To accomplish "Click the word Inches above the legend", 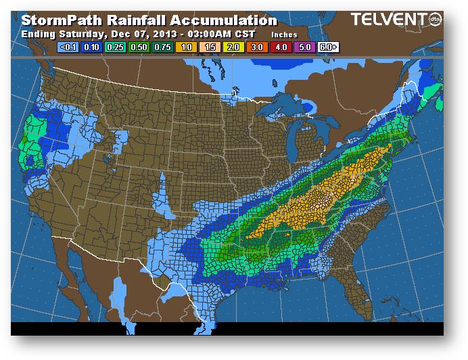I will (x=284, y=34).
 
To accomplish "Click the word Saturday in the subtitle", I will (x=76, y=34).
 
